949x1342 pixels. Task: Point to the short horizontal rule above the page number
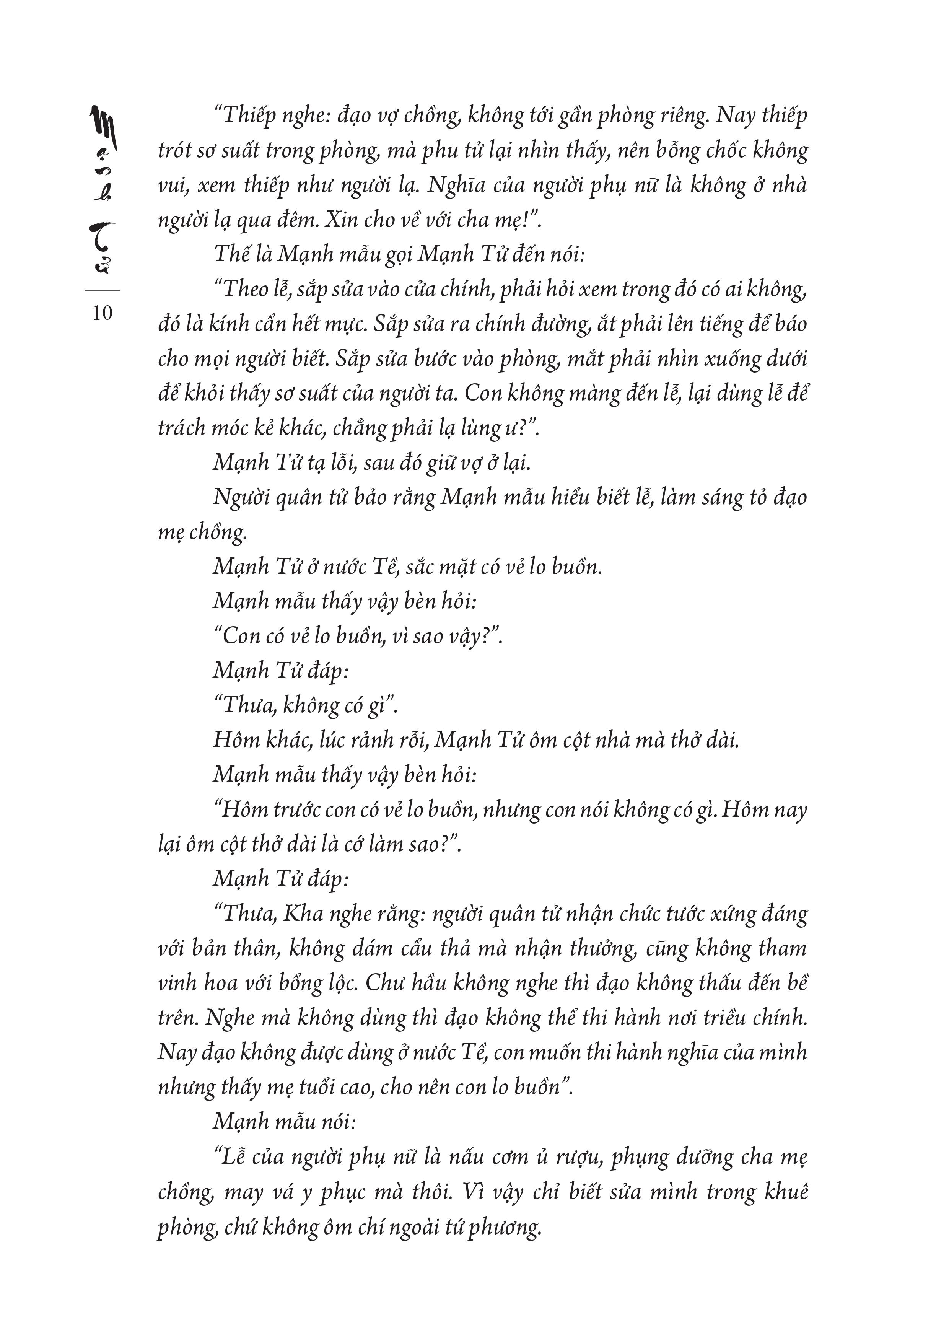click(103, 290)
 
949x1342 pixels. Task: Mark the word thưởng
click(606, 948)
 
